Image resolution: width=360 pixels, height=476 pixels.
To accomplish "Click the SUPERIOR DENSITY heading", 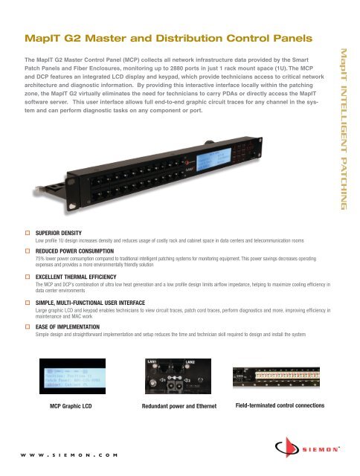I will pos(62,232).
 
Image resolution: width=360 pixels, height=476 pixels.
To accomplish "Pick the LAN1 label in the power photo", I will pos(152,361).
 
